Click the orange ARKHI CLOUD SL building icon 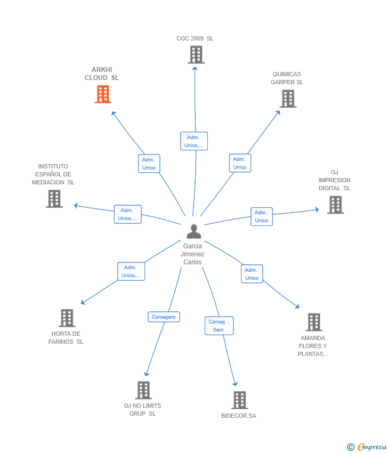[x=103, y=94]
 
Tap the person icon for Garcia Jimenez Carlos [x=194, y=231]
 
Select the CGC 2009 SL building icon [x=196, y=54]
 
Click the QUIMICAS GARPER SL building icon [x=288, y=99]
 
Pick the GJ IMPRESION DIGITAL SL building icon [x=335, y=205]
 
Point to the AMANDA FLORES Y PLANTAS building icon [x=314, y=322]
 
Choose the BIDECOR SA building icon [x=239, y=400]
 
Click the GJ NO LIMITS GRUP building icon [x=143, y=390]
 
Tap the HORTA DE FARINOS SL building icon [x=67, y=318]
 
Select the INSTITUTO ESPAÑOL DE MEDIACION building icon [x=54, y=199]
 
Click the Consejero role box [x=164, y=317]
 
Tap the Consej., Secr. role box [x=219, y=326]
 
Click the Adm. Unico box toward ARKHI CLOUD [x=149, y=164]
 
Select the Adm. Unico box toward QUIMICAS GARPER [x=240, y=163]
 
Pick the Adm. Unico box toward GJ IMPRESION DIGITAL [x=262, y=216]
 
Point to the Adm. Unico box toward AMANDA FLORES [x=252, y=274]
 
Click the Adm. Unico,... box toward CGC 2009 [x=194, y=141]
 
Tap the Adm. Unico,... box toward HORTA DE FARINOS [x=131, y=271]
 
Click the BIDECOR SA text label [x=239, y=416]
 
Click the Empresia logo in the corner [x=368, y=447]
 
